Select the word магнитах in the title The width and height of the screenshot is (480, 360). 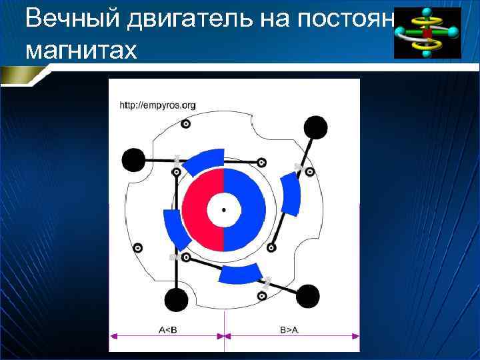(81, 50)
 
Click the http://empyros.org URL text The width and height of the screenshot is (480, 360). (157, 105)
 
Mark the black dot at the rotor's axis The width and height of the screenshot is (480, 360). (223, 209)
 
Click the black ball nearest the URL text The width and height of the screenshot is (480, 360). (133, 159)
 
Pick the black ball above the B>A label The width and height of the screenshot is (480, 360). (308, 296)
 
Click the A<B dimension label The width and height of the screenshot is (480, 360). (167, 328)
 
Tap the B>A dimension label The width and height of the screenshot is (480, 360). (289, 328)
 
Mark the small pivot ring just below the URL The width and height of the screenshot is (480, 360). (186, 123)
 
